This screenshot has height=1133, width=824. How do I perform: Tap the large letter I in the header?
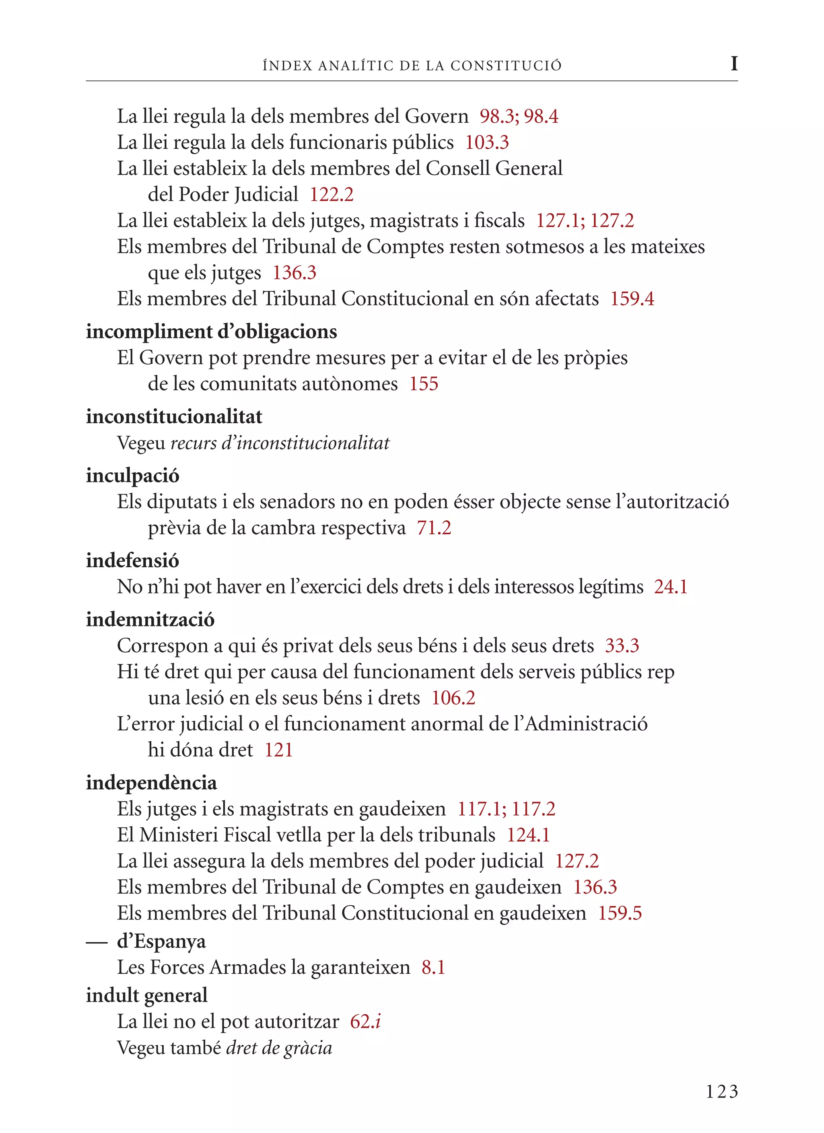(733, 64)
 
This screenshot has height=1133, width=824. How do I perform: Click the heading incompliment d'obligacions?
(211, 332)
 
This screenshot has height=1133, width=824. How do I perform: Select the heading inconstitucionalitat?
(174, 417)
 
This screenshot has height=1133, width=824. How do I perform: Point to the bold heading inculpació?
(132, 475)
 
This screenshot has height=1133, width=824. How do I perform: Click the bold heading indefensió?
(132, 560)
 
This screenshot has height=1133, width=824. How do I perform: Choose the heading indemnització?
(150, 620)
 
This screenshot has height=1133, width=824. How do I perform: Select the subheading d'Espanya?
(161, 941)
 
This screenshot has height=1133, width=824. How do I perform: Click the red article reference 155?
(424, 384)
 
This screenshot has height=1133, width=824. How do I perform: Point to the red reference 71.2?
(434, 528)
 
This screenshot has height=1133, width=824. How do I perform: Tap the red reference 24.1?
(671, 587)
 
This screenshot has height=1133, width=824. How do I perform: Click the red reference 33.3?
(622, 646)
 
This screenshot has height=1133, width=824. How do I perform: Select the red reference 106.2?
(453, 698)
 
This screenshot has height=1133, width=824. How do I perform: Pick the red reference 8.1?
(433, 968)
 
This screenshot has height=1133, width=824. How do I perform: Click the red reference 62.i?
(365, 1022)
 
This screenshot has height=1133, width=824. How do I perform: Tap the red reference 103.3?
(487, 143)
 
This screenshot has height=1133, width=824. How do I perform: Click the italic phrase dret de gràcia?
(279, 1048)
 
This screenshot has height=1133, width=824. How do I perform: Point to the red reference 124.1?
(528, 835)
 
